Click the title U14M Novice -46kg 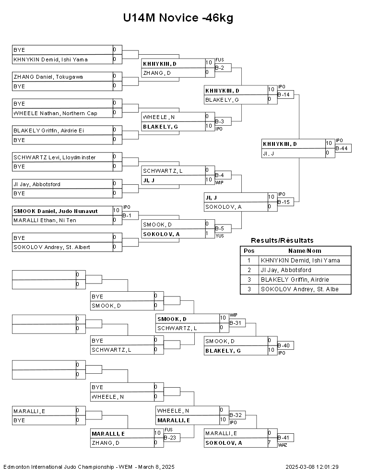coord(178,18)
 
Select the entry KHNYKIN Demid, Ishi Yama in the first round coord(50,59)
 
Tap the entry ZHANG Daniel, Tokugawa coord(48,77)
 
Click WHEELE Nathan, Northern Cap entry coord(55,113)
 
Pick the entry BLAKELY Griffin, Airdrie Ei coord(50,131)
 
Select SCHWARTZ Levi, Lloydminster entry coord(54,157)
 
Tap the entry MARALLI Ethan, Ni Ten coord(45,220)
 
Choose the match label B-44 coord(342,148)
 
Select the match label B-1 coord(127,215)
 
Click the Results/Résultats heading coord(283,240)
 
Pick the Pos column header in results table coord(249,250)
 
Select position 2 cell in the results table coord(249,270)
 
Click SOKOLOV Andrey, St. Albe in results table coord(300,289)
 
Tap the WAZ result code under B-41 coord(282,445)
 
